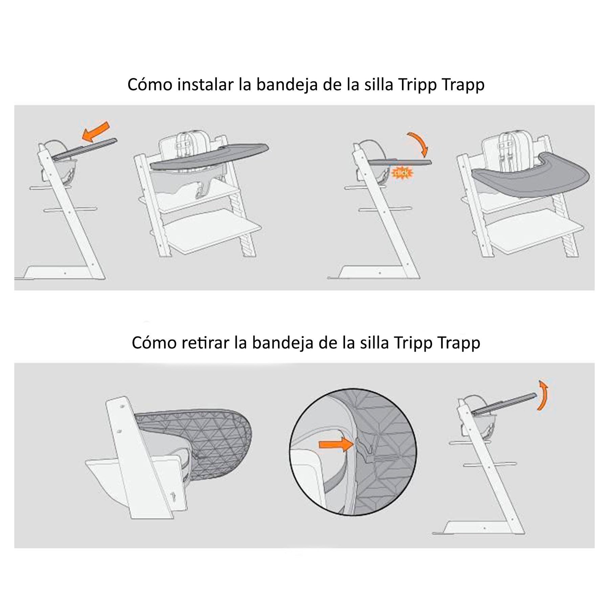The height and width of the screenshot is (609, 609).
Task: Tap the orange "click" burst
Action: (x=402, y=173)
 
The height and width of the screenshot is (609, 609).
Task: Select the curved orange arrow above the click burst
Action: (x=419, y=144)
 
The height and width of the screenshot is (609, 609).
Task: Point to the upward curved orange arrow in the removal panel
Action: (x=543, y=395)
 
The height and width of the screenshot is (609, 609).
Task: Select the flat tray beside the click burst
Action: (x=399, y=162)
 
